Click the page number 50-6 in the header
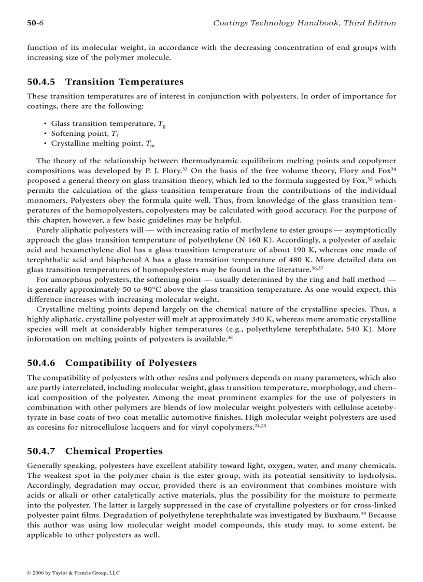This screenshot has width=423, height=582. tap(35, 23)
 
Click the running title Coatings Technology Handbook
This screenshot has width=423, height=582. tap(305, 23)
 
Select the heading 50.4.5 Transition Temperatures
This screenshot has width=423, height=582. tap(105, 82)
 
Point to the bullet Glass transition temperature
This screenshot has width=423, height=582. tap(108, 124)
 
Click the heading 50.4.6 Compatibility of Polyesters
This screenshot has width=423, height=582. tap(111, 363)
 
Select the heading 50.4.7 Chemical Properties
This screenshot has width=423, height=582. tap(94, 451)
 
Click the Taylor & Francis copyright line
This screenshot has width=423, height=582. tap(73, 573)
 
